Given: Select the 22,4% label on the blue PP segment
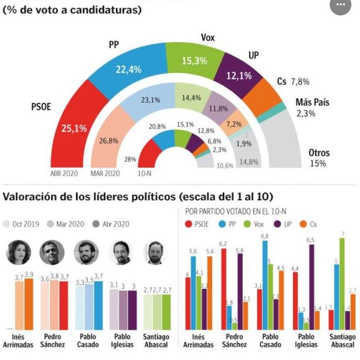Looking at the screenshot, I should [x=128, y=69].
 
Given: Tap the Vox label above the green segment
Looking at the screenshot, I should [x=208, y=38].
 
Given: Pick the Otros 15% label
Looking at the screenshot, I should [x=318, y=158].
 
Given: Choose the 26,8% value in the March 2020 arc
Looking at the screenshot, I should [x=108, y=141].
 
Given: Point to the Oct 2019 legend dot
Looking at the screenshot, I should [x=7, y=224].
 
